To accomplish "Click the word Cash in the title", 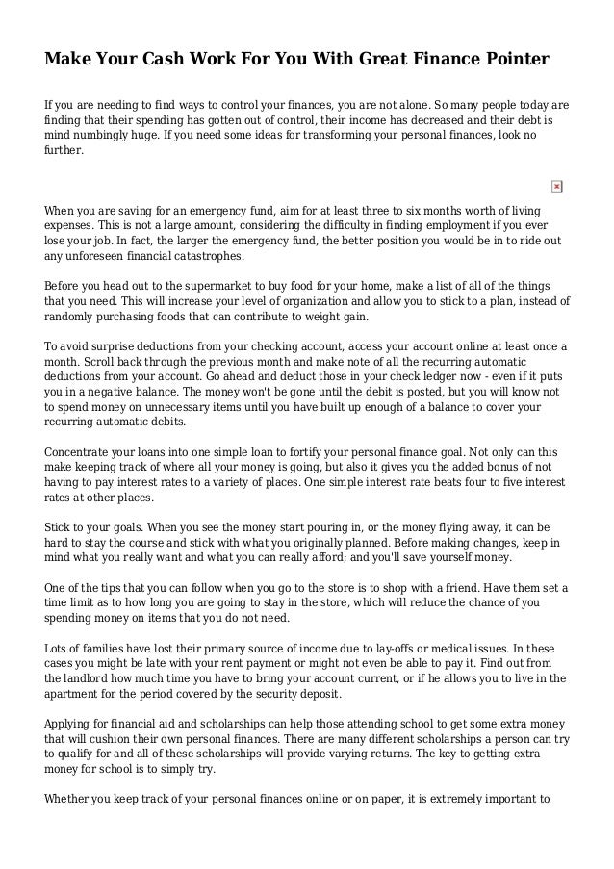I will pos(180,61).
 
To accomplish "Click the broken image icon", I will pos(556,186).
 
